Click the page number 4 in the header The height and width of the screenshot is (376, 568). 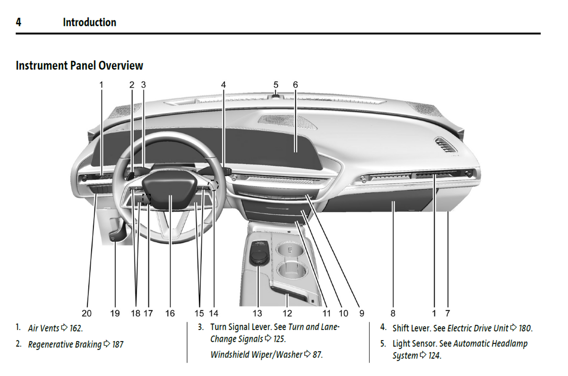click(x=18, y=22)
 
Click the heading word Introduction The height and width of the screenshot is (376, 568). click(x=89, y=22)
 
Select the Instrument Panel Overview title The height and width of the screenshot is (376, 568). click(x=79, y=66)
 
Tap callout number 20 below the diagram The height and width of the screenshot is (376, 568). click(x=86, y=313)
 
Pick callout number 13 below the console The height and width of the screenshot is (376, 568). click(x=257, y=313)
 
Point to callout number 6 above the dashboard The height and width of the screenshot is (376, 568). click(x=295, y=85)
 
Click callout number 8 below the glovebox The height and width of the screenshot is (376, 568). click(x=393, y=313)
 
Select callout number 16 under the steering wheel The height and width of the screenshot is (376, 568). click(x=170, y=313)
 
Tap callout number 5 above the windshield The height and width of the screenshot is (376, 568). click(x=276, y=85)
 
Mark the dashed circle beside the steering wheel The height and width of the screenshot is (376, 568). click(x=214, y=186)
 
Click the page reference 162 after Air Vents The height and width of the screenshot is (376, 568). click(x=76, y=328)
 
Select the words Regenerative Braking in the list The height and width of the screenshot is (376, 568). click(x=65, y=345)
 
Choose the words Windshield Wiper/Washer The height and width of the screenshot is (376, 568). click(x=256, y=355)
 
